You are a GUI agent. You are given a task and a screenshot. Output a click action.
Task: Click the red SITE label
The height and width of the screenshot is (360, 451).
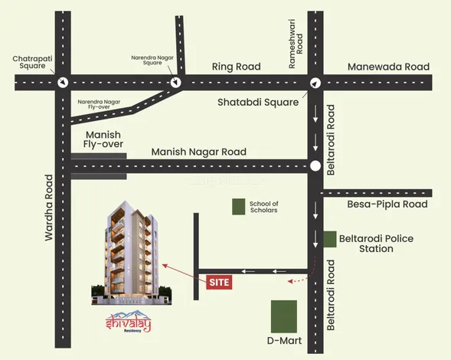click(x=219, y=282)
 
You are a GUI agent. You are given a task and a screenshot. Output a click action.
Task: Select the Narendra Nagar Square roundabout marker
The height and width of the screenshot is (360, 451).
click(x=177, y=82)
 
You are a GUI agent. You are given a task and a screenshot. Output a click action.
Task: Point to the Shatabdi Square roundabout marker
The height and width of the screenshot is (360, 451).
click(x=315, y=83)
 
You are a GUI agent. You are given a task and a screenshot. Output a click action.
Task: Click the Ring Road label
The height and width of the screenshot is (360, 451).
click(x=236, y=67)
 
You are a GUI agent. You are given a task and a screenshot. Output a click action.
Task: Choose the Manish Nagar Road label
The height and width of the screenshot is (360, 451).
click(x=198, y=152)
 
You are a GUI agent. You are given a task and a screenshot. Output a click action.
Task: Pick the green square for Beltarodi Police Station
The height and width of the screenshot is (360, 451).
click(x=329, y=239)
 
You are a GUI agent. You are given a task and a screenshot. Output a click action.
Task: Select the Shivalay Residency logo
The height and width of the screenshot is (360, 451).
click(x=126, y=326)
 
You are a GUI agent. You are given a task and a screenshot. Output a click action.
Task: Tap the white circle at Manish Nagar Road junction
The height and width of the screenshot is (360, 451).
click(x=315, y=165)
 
